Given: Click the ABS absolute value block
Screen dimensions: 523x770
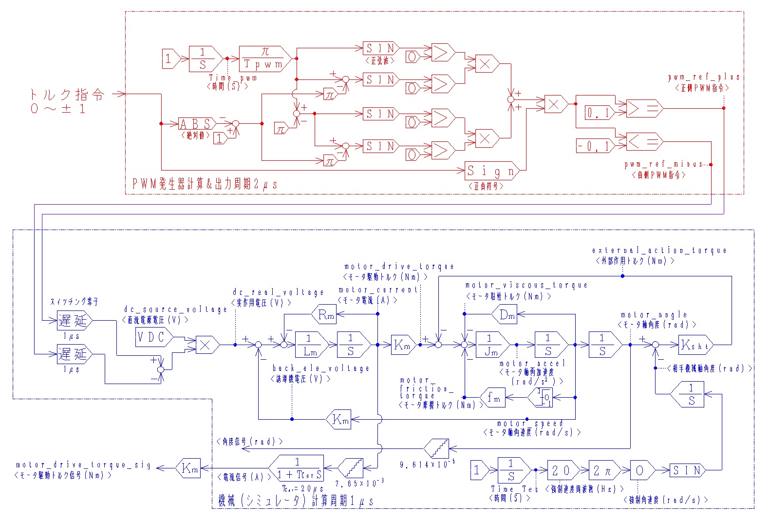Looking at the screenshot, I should pyautogui.click(x=196, y=124).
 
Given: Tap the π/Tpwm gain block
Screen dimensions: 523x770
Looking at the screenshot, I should pyautogui.click(x=264, y=58).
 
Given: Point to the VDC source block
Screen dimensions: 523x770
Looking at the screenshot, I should pyautogui.click(x=152, y=337).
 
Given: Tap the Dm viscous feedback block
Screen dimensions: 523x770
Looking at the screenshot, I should pyautogui.click(x=506, y=315).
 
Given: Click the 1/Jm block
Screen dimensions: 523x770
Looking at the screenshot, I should pyautogui.click(x=490, y=345).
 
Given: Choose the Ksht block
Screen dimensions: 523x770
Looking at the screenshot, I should pyautogui.click(x=695, y=345).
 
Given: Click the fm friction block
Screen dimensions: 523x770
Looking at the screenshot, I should pyautogui.click(x=493, y=398).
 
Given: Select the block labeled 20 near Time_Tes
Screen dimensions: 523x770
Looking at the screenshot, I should pyautogui.click(x=562, y=470).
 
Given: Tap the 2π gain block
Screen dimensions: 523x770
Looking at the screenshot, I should pyautogui.click(x=602, y=470).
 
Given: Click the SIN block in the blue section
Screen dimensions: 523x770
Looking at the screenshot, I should pyautogui.click(x=687, y=470).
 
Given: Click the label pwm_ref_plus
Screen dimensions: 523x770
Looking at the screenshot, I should pyautogui.click(x=703, y=77).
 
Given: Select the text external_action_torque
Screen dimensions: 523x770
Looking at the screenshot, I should pyautogui.click(x=659, y=250).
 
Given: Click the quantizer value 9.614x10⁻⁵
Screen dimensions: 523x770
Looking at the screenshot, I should pyautogui.click(x=427, y=465).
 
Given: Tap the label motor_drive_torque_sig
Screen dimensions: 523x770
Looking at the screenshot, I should pyautogui.click(x=83, y=465).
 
